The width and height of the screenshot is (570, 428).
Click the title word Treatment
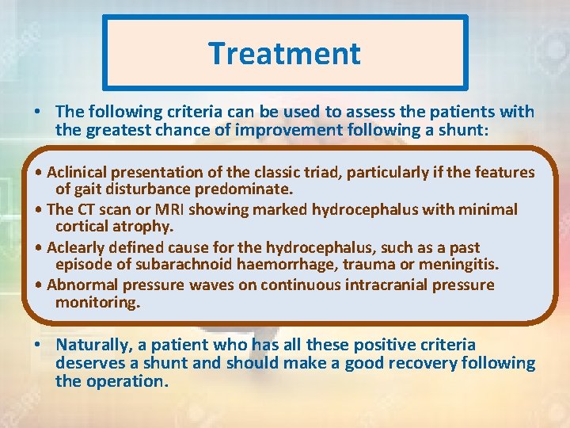click(x=284, y=54)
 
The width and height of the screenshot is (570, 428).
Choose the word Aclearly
click(x=78, y=247)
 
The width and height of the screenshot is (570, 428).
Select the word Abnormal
click(x=80, y=285)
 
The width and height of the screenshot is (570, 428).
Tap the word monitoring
click(x=97, y=303)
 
